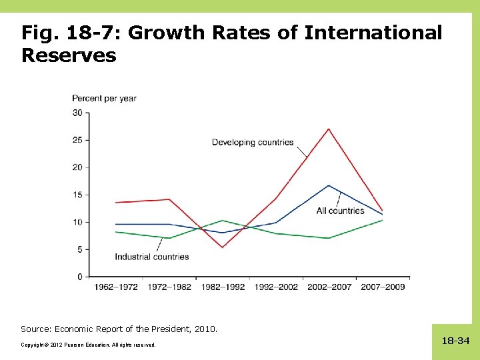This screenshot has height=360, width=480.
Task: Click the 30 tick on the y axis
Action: [x=77, y=113]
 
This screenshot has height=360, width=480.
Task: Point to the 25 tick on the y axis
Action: [x=77, y=140]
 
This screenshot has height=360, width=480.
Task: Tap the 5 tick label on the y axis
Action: [x=79, y=249]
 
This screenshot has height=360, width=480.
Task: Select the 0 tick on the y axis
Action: [x=79, y=277]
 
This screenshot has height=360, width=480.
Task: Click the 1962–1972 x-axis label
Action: [x=116, y=287]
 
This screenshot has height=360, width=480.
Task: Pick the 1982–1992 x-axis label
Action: [x=223, y=287]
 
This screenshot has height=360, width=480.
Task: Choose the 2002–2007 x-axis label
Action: [x=329, y=287]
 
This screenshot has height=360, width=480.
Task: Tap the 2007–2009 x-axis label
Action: [x=383, y=287]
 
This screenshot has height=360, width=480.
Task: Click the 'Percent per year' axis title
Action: [x=104, y=98]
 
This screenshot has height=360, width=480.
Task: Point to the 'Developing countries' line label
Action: [x=253, y=142]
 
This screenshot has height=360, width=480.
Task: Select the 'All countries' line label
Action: [x=340, y=211]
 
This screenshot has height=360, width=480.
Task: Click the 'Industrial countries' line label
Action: [x=152, y=257]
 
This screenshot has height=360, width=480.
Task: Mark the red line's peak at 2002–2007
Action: [x=329, y=129]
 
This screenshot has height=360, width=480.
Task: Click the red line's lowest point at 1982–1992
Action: [x=223, y=247]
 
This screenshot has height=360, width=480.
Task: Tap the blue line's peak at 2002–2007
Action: [x=329, y=185]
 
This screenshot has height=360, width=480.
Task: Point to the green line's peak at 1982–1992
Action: [x=223, y=220]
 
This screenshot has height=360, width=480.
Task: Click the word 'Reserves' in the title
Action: [x=69, y=55]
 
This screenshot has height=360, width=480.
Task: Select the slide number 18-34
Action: [x=455, y=341]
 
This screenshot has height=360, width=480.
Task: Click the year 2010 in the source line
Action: [x=206, y=329]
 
